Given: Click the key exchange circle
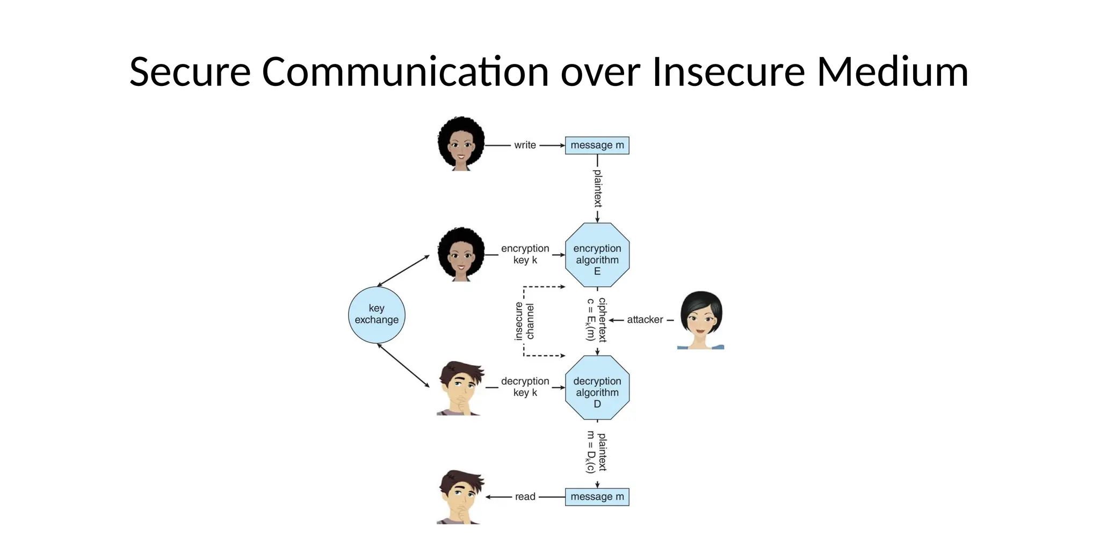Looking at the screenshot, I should [377, 315].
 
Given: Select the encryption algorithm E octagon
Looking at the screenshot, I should [597, 256].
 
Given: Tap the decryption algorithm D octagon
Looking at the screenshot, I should [597, 388].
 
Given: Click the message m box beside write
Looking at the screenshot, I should [597, 146].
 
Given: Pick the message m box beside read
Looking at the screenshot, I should [597, 497].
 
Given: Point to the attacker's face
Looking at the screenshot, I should [701, 320].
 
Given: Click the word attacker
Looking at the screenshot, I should [645, 320].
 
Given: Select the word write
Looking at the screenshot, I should [525, 145].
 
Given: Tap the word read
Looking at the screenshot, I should [525, 497].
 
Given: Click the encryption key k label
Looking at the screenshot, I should [525, 254].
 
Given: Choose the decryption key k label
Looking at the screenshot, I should [525, 387].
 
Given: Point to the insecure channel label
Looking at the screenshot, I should [524, 321].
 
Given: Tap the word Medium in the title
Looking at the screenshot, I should [893, 71].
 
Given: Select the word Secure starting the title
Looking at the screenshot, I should [190, 71].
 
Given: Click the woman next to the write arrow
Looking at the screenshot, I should [461, 144].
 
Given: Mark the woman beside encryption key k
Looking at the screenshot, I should [461, 254].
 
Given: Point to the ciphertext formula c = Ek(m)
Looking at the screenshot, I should [590, 320].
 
